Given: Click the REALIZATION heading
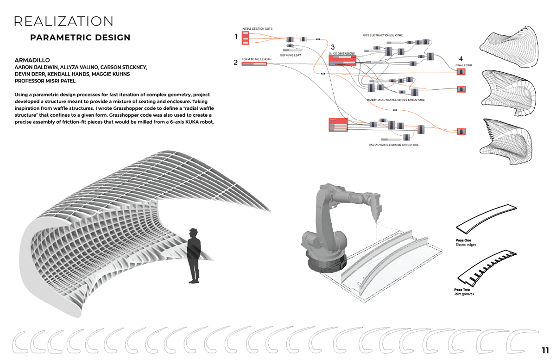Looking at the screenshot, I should pos(64,21).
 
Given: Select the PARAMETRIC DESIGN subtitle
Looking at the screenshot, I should pos(80,38).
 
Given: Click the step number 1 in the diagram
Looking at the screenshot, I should pos(236,37).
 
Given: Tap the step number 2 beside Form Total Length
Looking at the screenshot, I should pos(236,63).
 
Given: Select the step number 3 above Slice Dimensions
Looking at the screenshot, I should pos(332,47).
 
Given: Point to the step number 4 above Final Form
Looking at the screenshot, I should pos(461,59).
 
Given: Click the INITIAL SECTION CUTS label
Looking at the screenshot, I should pos(257,29).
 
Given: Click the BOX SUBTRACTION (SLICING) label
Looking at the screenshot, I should pos(383,35).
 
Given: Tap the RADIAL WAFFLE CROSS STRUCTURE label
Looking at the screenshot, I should pos(393,145).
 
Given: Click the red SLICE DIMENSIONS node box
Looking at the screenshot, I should pos(341,61).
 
